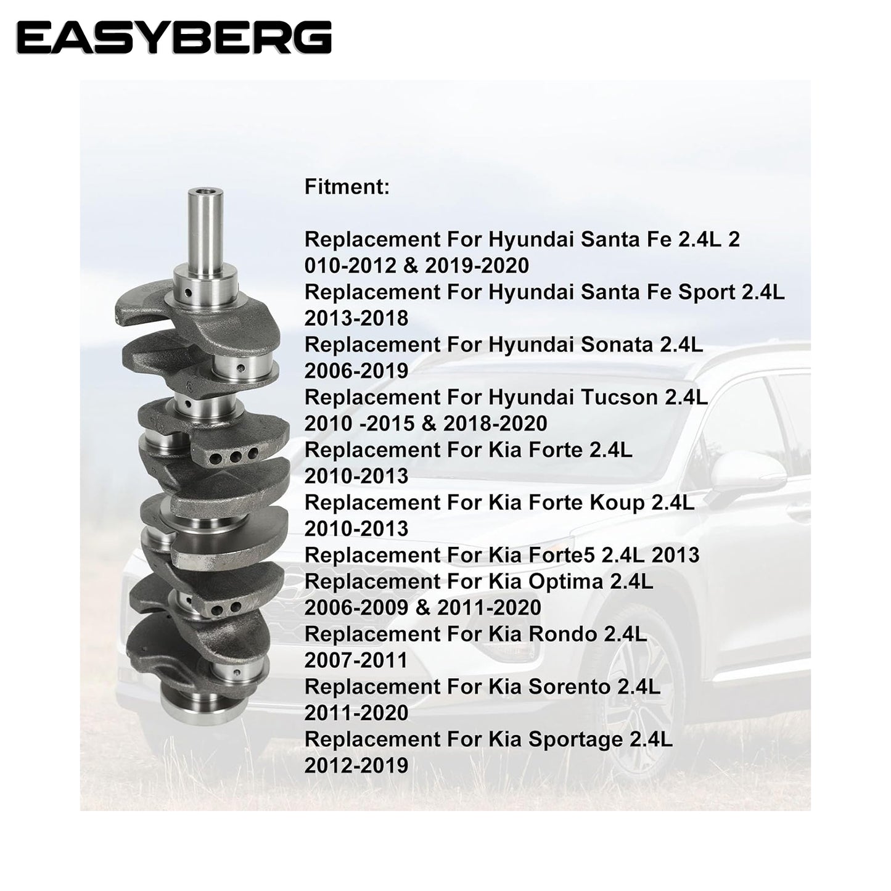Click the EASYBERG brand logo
click(174, 38)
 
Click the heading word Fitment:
click(347, 187)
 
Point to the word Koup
click(616, 504)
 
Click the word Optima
click(565, 583)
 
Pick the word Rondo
click(562, 634)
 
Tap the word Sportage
click(575, 741)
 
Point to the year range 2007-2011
click(356, 661)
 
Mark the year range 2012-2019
click(356, 766)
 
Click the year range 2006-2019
click(356, 371)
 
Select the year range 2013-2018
click(356, 319)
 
